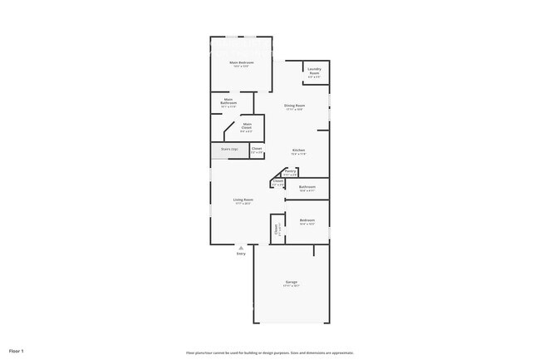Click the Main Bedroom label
point(241,63)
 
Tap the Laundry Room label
point(314,70)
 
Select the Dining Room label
point(295,106)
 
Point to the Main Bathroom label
point(228,103)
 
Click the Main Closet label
point(247,127)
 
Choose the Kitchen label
point(298,150)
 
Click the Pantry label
point(290,171)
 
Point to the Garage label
point(292,283)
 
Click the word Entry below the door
point(241,254)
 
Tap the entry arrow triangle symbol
point(241,247)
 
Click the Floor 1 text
point(17,352)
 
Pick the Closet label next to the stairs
point(257,149)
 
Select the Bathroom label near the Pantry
point(307,187)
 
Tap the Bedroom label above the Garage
point(307,221)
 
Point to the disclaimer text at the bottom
point(270,352)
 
